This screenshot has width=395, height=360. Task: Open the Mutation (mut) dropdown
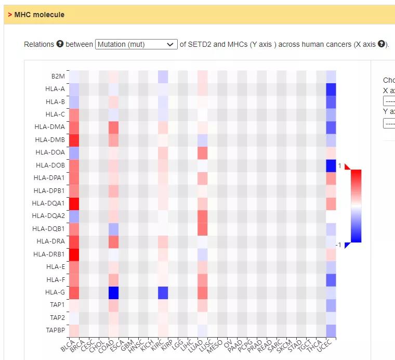(136, 44)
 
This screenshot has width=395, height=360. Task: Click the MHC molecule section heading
(39, 15)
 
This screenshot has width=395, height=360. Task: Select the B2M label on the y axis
(58, 76)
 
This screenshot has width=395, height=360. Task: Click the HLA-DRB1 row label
(49, 254)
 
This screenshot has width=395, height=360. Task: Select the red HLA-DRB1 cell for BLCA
(74, 254)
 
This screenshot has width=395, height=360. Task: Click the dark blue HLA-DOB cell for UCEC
(331, 165)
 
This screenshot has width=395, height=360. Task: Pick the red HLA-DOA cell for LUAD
(203, 153)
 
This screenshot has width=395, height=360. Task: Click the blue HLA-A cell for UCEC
(331, 89)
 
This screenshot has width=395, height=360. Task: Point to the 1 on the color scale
(339, 165)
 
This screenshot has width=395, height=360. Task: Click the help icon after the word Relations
(60, 44)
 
